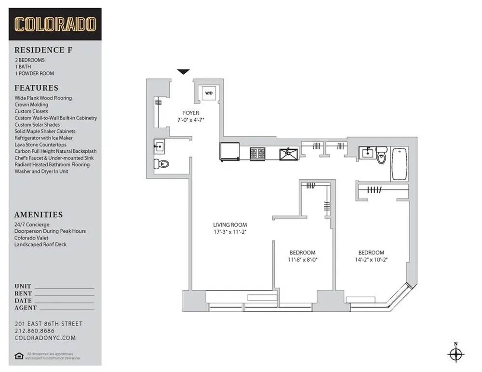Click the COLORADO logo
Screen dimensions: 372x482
(55, 24)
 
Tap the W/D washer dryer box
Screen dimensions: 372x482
(209, 93)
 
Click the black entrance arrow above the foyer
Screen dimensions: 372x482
(183, 72)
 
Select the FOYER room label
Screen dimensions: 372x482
(191, 113)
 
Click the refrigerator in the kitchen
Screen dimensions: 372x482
(230, 153)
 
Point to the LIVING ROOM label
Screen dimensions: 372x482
(230, 225)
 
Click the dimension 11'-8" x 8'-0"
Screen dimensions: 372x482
(302, 259)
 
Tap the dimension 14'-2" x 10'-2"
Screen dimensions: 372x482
(371, 259)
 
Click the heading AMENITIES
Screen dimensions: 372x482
(39, 215)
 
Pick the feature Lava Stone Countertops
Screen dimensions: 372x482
(40, 145)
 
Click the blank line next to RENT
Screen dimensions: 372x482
(65, 293)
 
